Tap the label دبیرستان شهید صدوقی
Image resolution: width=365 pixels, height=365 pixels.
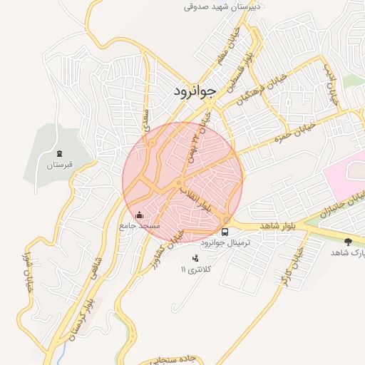223,6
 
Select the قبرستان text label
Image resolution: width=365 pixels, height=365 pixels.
61,165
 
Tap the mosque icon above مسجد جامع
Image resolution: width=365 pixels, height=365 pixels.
140,215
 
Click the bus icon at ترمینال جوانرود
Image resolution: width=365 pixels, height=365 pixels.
225,232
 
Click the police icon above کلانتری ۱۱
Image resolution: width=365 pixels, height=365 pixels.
195,258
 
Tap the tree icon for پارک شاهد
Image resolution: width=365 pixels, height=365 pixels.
348,242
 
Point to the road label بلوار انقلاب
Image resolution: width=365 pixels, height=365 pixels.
196,199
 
